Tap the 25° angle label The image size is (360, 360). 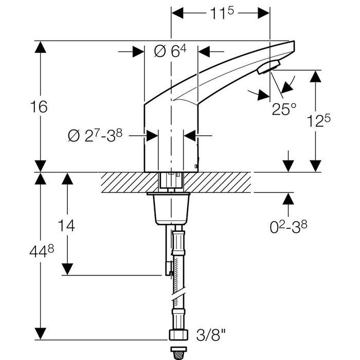pyautogui.click(x=285, y=109)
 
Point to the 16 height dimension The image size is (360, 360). pyautogui.click(x=39, y=107)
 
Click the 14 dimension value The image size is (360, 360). pyautogui.click(x=67, y=225)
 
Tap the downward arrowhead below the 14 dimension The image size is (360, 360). pyautogui.click(x=67, y=268)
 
